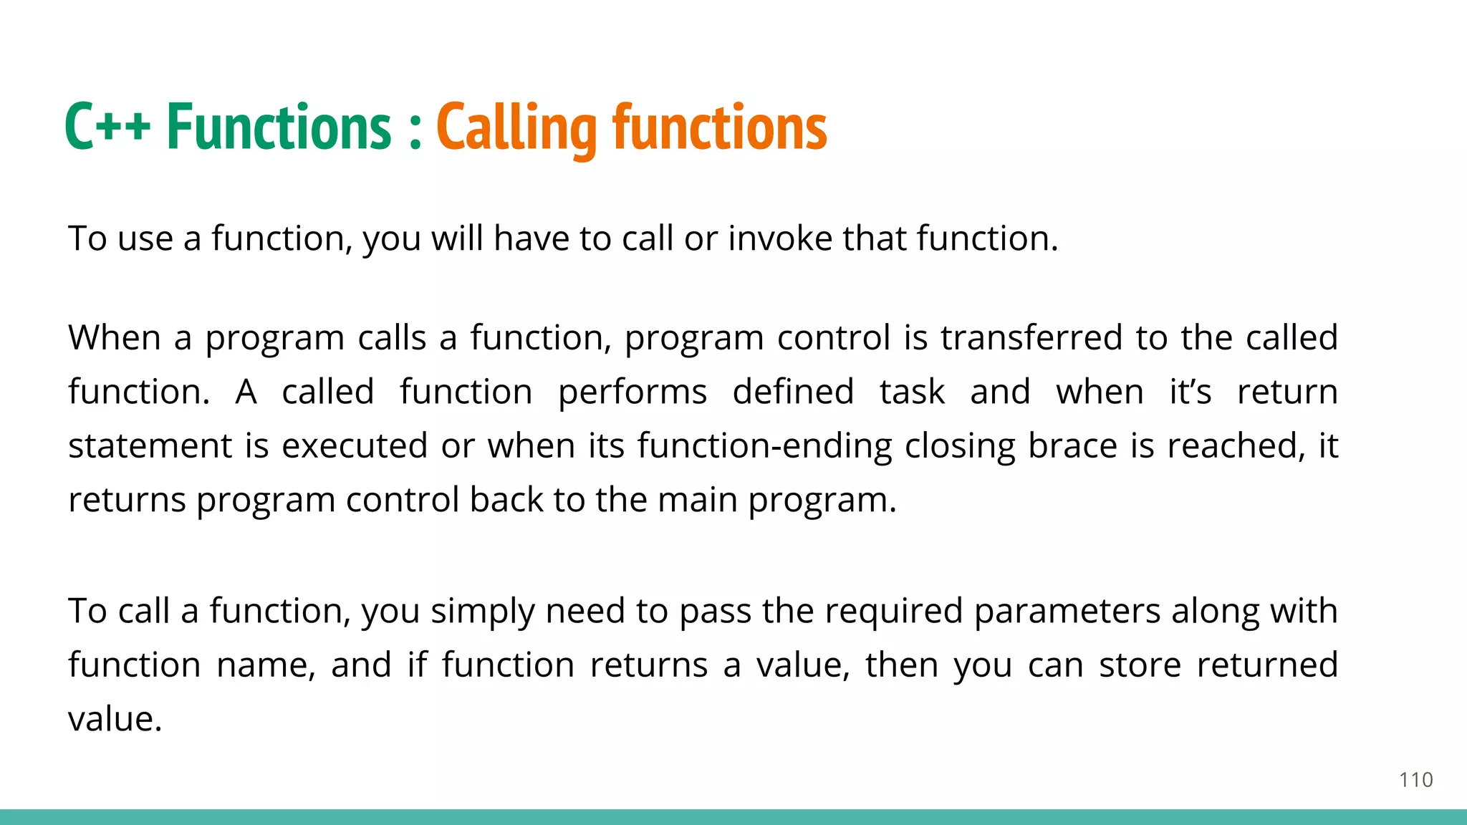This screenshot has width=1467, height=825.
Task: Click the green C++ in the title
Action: [x=107, y=127]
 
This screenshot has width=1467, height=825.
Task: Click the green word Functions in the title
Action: [x=279, y=127]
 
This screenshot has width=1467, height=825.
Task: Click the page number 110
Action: [x=1415, y=780]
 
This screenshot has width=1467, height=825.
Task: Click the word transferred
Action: [x=1031, y=337]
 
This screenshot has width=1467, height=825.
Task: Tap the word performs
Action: [x=633, y=392]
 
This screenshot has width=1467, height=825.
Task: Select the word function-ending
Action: [x=764, y=446]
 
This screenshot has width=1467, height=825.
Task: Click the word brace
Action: [x=1072, y=446]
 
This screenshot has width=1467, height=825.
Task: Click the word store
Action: [x=1140, y=665]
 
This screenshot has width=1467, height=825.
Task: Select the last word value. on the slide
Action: [x=115, y=719]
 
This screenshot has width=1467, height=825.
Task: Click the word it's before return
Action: [x=1190, y=392]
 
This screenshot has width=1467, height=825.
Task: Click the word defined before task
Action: [x=793, y=392]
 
